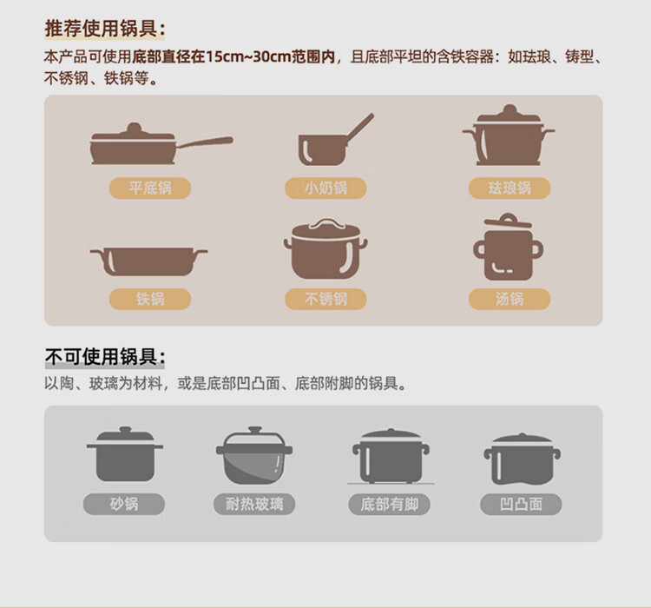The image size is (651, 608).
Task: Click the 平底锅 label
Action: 150,188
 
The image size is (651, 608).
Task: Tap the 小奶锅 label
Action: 325,188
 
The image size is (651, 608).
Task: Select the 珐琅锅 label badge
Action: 510,188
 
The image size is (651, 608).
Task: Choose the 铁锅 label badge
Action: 150,299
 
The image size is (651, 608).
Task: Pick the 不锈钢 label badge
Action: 325,299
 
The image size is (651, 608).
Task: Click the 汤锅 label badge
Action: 510,299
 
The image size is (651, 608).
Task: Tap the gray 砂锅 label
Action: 124,504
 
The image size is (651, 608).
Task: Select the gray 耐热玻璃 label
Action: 254,504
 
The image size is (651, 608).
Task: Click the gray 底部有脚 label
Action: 389,504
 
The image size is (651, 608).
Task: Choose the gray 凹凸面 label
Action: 521,504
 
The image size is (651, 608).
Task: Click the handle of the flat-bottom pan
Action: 204,142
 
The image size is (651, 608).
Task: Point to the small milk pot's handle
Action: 359,127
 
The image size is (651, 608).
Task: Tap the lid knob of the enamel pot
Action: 510,110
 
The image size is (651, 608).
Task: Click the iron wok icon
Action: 148,261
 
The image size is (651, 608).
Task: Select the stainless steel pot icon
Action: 325,248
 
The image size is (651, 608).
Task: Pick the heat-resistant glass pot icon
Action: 254,455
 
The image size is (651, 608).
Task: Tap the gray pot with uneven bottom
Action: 522,459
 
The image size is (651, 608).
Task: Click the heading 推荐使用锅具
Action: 105,29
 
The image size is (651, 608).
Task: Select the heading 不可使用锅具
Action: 105,357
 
